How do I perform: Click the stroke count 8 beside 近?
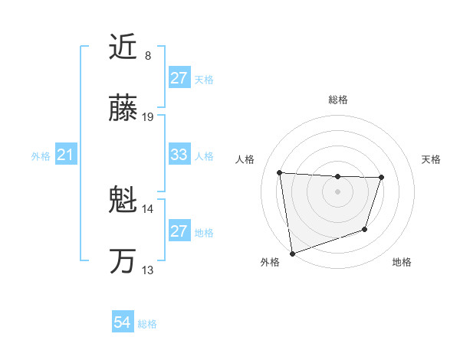click(148, 55)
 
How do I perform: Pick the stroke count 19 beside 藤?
click(148, 117)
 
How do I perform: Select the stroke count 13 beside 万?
click(148, 270)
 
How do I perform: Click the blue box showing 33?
click(179, 155)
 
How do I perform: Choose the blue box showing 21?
click(65, 155)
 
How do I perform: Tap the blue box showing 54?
click(122, 323)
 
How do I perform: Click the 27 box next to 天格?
click(179, 78)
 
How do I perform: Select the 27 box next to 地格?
click(179, 231)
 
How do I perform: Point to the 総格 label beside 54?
click(147, 324)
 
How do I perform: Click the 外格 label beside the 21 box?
click(41, 156)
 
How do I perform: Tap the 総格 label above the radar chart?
click(338, 100)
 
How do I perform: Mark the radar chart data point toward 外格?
click(292, 253)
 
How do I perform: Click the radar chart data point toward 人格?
click(280, 172)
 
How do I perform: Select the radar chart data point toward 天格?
click(381, 178)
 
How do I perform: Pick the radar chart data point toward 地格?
click(366, 229)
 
